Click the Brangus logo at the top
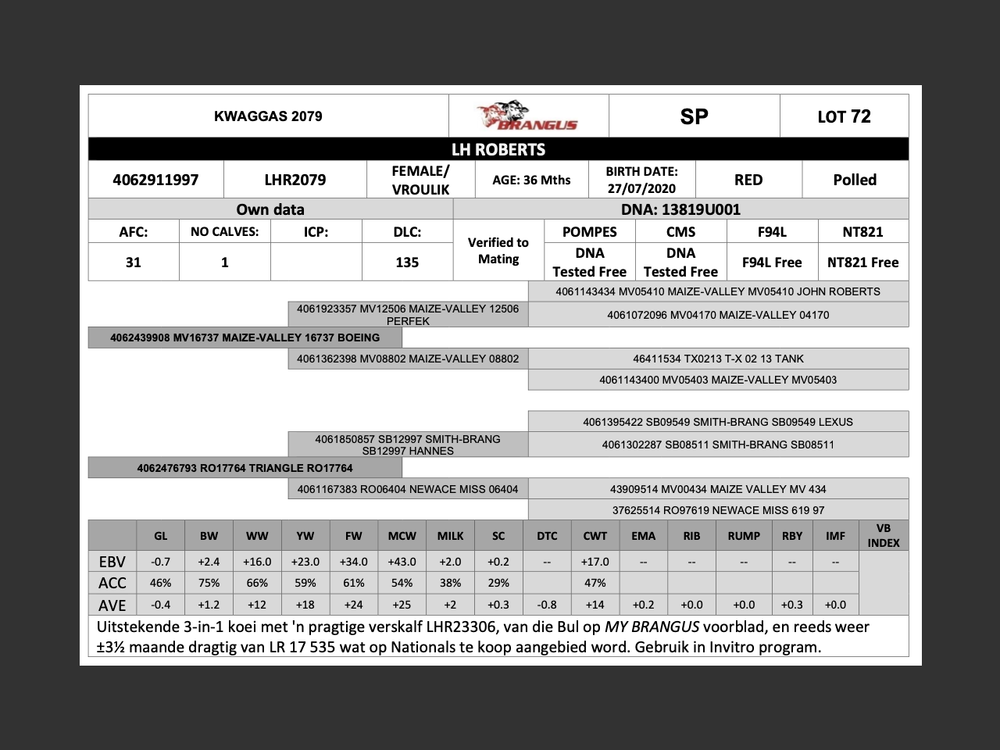click(x=527, y=116)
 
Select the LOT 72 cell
click(x=844, y=116)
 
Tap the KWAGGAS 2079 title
click(x=268, y=116)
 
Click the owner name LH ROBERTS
click(x=498, y=149)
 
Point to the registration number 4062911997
click(x=155, y=180)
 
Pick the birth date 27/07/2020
click(x=641, y=188)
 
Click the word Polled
click(x=855, y=180)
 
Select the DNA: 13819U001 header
click(x=680, y=209)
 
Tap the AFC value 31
click(x=134, y=262)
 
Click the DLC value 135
click(x=407, y=262)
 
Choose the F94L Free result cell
click(x=772, y=262)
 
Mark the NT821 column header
click(x=862, y=232)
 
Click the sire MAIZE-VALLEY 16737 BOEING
click(x=245, y=337)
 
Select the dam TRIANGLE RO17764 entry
click(x=245, y=468)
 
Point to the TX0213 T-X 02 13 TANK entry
click(x=718, y=359)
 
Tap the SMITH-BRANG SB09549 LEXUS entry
click(x=718, y=422)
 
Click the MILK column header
click(x=450, y=536)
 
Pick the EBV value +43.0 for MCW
click(x=402, y=562)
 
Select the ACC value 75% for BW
click(x=209, y=583)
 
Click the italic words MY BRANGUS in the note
click(x=652, y=627)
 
